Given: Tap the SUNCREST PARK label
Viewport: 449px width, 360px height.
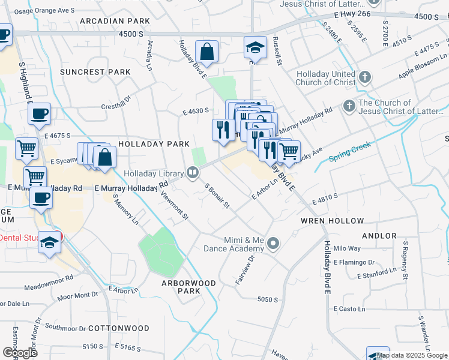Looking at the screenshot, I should pos(95,72).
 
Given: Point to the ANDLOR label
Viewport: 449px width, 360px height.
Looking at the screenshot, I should pos(379,236).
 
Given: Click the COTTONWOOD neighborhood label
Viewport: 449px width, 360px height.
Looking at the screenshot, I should pos(118,328).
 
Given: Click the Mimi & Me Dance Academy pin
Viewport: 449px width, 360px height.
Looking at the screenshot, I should pos(274,243).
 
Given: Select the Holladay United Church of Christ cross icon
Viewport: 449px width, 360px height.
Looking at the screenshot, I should pos(365,77).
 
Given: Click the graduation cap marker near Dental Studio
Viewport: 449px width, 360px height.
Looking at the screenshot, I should pos(50,243).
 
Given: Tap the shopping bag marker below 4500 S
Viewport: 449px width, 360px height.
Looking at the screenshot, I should pos(206,52).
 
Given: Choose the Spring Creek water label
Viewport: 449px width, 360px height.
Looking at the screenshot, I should pos(351,151).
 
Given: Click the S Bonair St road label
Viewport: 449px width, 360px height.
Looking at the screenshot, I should pos(217,196).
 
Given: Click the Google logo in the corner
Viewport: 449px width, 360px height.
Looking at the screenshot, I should pos(20,352).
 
